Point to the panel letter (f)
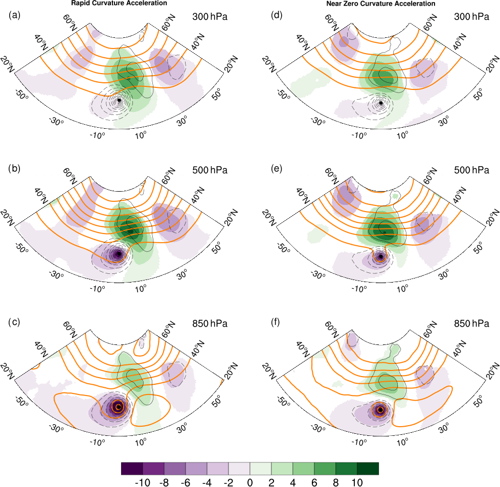277,323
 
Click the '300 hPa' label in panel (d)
471,17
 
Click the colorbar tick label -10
142,482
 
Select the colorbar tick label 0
250,482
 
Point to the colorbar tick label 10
357,482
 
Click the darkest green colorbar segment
368,469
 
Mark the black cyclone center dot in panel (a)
119,101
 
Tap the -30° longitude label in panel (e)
317,275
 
